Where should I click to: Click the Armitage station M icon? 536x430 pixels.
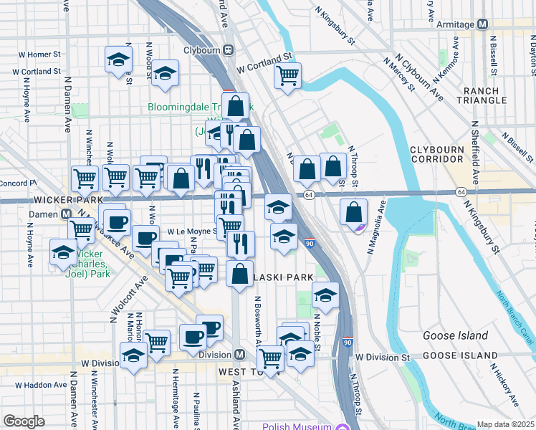pyautogui.click(x=482, y=24)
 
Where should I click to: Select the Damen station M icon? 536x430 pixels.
pyautogui.click(x=66, y=214)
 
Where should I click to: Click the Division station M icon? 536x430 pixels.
pyautogui.click(x=241, y=355)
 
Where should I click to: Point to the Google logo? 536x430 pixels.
pyautogui.click(x=24, y=421)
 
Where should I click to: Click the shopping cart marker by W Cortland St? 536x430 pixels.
pyautogui.click(x=287, y=75)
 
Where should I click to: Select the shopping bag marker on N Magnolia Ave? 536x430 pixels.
pyautogui.click(x=353, y=211)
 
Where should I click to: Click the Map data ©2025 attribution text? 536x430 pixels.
pyautogui.click(x=506, y=424)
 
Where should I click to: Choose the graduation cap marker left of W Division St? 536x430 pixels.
pyautogui.click(x=134, y=355)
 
